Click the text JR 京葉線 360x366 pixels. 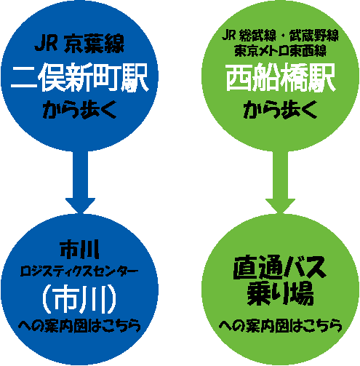pos(79,44)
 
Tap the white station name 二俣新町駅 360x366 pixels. pos(79,77)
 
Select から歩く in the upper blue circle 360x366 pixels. pos(79,110)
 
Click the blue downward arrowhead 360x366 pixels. pos(80,206)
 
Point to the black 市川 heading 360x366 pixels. pos(79,250)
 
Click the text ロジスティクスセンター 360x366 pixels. pos(79,271)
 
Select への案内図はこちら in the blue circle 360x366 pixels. pos(79,325)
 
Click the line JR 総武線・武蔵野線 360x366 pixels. pos(280,36)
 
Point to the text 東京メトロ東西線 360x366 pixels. pos(280,51)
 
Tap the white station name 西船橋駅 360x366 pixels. pos(281,77)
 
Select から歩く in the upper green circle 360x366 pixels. pos(280,110)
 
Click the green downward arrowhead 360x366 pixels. pos(280,206)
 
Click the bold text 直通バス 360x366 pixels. pos(279,268)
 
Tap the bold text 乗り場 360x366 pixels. pos(280,293)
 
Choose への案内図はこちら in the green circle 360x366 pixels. pos(281,325)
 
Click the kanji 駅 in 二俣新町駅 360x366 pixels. pos(135,78)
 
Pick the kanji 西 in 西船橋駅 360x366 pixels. pos(239,78)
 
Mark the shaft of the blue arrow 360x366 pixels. pos(80,174)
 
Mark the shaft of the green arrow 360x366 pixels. pos(280,175)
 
